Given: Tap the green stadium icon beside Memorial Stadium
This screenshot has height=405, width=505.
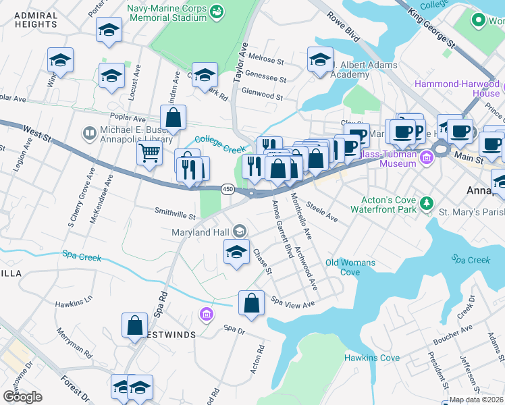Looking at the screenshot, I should click(x=217, y=11).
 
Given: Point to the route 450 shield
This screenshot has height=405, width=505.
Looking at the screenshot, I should click(x=228, y=190).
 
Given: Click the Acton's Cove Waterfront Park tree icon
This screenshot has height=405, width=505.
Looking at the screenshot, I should click(x=426, y=202).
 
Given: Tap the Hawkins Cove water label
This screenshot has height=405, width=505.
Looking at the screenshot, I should click(x=372, y=358).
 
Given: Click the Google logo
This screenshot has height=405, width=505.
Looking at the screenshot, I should click(x=22, y=397).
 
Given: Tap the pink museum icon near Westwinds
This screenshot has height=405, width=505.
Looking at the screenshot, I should click(x=206, y=314).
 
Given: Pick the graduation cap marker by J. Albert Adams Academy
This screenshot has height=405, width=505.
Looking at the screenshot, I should click(x=320, y=59).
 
